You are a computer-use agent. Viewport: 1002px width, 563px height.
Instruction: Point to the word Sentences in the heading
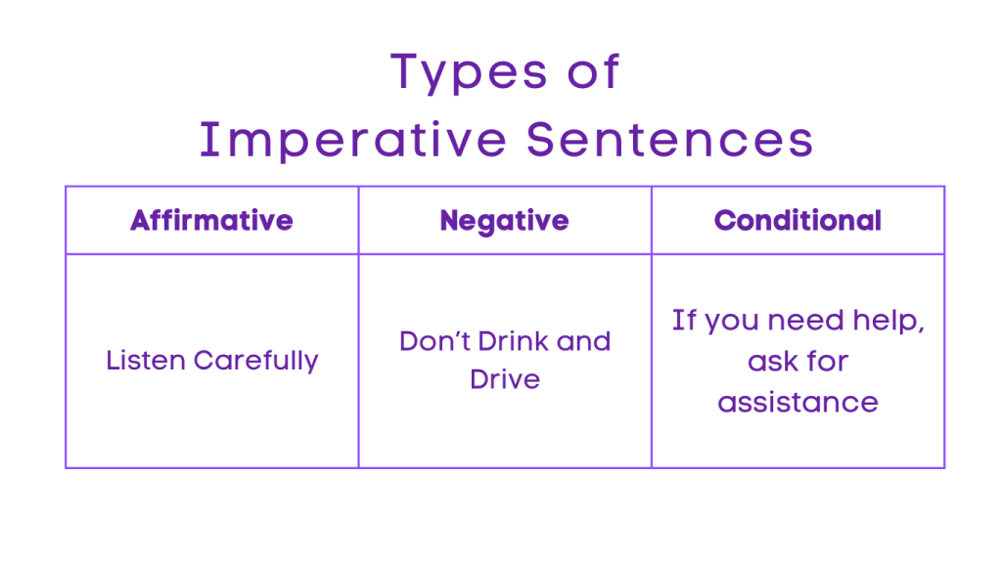tap(670, 140)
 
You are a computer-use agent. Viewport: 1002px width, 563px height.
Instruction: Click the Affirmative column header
tap(211, 220)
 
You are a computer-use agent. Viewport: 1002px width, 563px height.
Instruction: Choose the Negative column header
tap(505, 220)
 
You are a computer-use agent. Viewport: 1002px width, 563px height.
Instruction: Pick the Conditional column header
tap(797, 220)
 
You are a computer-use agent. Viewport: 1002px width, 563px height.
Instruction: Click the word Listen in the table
tap(147, 360)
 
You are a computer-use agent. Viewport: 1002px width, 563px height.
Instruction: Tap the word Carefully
tap(256, 361)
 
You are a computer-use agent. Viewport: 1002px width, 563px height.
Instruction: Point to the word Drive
tap(505, 379)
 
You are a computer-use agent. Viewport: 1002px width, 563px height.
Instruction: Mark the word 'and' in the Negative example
tap(583, 341)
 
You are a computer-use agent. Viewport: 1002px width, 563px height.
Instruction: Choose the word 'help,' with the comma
tap(892, 322)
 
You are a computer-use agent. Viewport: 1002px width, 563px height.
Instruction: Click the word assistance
tap(797, 401)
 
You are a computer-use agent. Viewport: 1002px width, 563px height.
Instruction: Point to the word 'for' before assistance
tap(826, 361)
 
